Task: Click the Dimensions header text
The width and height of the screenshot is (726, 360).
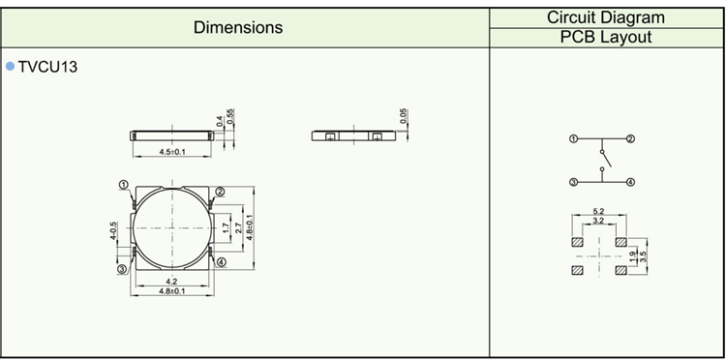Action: tap(238, 27)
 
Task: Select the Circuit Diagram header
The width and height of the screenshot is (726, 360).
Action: tap(606, 17)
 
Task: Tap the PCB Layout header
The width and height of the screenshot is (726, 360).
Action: tap(606, 37)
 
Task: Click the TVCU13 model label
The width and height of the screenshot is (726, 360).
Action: tap(47, 67)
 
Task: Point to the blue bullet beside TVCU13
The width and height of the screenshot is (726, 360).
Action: tap(11, 67)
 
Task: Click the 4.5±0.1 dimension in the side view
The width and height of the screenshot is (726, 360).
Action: tap(172, 152)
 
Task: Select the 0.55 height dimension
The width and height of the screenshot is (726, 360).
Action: tap(231, 117)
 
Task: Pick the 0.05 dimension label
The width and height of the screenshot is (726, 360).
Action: tap(405, 116)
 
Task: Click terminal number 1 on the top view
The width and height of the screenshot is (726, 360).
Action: tap(123, 185)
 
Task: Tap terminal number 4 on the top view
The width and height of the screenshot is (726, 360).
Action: tap(222, 262)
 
